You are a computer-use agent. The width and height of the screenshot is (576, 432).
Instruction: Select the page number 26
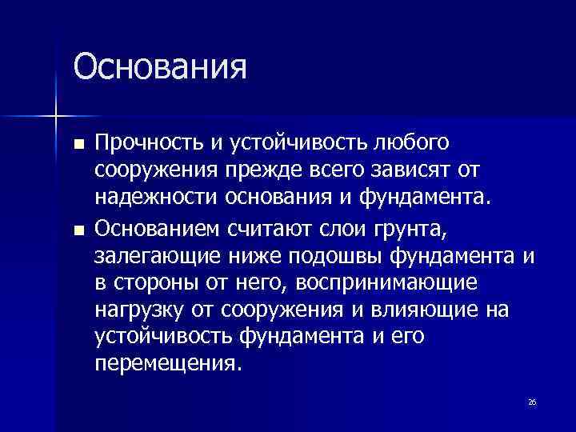click(532, 402)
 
